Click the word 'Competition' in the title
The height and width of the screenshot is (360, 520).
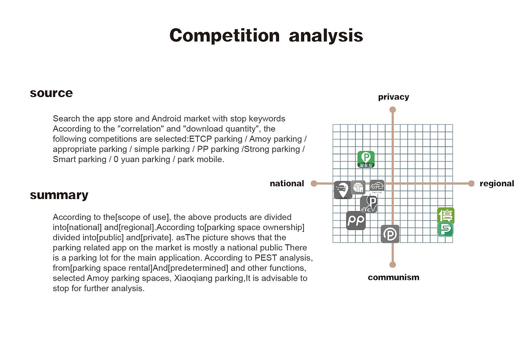coord(225,36)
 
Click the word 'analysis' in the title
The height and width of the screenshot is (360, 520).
coord(326,36)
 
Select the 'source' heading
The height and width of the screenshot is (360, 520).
coord(51,93)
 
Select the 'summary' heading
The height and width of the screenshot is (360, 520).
coord(59,195)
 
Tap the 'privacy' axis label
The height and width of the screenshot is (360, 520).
coord(394,97)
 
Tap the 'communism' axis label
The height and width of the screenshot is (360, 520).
coord(394,278)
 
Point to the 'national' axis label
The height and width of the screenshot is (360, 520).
coord(287,184)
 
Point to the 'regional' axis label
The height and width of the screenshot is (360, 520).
coord(497,184)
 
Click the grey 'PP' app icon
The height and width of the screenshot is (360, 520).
coord(355,220)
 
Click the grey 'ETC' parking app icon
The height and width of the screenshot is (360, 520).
coord(368,204)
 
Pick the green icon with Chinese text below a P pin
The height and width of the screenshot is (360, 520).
coord(366,159)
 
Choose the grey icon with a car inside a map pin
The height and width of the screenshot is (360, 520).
coord(343,190)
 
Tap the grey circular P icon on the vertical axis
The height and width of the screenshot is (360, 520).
coord(390,234)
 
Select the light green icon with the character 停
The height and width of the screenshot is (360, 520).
coord(446,215)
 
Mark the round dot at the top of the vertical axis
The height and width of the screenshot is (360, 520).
coord(392,110)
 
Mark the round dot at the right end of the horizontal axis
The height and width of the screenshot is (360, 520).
coord(471,184)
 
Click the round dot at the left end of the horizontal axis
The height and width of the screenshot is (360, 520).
coord(314,184)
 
